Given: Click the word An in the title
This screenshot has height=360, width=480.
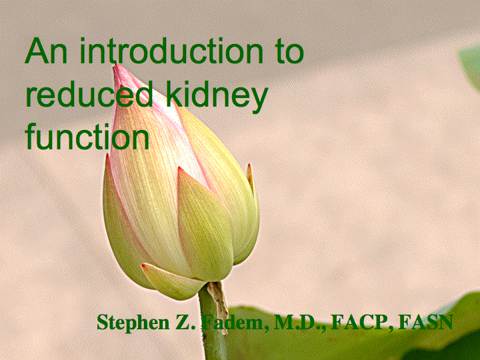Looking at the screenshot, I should point(46,53).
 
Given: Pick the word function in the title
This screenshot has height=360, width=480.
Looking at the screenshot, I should point(87,137).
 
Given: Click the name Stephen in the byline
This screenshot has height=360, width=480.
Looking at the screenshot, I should point(132,323).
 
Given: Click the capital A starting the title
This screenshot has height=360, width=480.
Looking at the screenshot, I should point(37,53).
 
